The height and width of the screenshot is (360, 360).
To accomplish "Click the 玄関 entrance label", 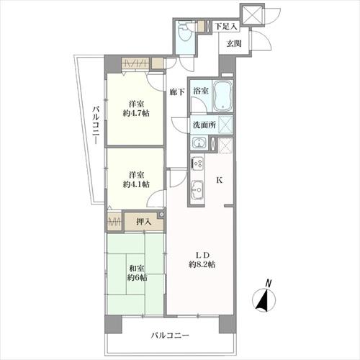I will [234, 44].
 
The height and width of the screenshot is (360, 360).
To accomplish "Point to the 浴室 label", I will [201, 91].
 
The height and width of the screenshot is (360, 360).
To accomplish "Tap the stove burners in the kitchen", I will [198, 163].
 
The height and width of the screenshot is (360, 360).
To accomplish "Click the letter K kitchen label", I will [220, 181].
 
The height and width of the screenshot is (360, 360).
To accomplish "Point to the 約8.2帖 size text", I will [203, 264].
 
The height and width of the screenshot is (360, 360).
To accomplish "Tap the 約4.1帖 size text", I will [135, 184].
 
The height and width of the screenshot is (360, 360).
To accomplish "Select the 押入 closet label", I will [143, 221].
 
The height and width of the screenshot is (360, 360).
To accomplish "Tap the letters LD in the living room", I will [203, 253].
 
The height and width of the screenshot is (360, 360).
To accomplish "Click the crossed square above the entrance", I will [253, 14].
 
